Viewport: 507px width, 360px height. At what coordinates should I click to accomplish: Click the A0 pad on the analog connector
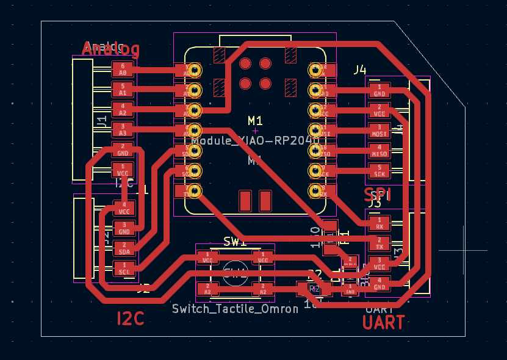[123, 70]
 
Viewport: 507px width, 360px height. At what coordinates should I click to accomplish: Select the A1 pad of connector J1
[123, 90]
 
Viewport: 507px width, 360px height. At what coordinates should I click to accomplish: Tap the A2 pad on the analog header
[123, 110]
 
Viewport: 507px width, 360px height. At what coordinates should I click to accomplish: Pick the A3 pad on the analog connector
[123, 129]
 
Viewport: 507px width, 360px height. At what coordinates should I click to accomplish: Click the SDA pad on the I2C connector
[124, 248]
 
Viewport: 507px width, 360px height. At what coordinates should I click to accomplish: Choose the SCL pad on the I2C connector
[124, 268]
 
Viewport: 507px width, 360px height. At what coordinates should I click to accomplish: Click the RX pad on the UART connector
[379, 223]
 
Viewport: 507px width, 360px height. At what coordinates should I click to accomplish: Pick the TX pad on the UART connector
[379, 243]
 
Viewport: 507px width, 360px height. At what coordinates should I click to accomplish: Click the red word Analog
[111, 49]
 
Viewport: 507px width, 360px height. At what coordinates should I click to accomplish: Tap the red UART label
[383, 322]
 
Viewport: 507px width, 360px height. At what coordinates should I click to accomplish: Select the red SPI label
[377, 195]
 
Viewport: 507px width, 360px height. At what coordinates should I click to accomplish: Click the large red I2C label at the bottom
[131, 318]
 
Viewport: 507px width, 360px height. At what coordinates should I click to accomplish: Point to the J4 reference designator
[360, 70]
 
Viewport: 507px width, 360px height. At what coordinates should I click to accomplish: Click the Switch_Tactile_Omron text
[235, 309]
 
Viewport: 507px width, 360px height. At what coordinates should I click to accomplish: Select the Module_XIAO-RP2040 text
[255, 140]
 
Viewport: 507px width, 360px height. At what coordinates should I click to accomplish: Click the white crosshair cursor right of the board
[463, 250]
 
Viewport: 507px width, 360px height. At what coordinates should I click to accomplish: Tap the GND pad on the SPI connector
[379, 90]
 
